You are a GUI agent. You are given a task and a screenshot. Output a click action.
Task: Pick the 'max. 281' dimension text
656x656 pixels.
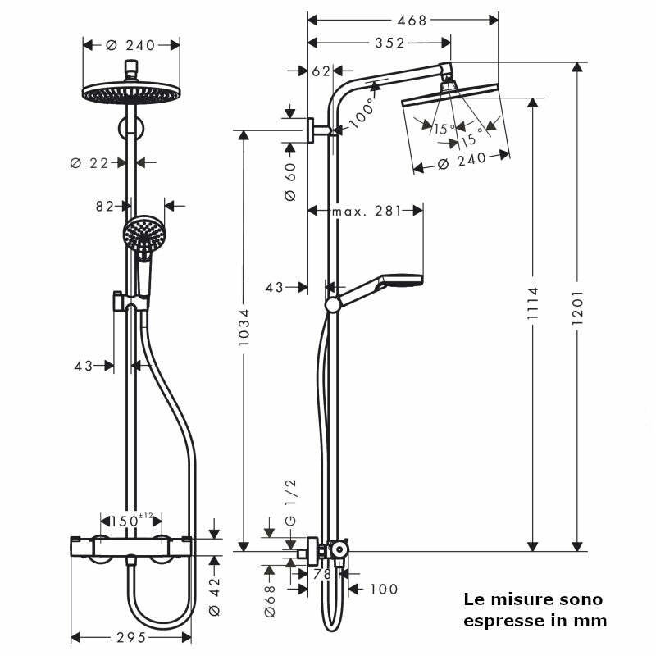pos(365,211)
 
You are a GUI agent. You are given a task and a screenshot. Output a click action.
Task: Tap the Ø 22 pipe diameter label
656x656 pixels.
pos(90,162)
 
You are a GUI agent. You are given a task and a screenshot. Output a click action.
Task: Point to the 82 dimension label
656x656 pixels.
pos(104,206)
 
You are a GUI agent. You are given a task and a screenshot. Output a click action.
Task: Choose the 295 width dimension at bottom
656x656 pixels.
pos(130,637)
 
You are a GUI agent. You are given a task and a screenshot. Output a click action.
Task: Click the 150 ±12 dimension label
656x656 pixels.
pos(130,521)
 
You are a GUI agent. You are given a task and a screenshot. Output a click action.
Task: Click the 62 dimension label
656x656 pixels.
pos(321,71)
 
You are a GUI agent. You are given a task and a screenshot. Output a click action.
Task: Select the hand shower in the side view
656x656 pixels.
pos(398,280)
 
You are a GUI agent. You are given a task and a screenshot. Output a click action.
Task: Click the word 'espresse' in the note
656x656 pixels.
pos(499,621)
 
